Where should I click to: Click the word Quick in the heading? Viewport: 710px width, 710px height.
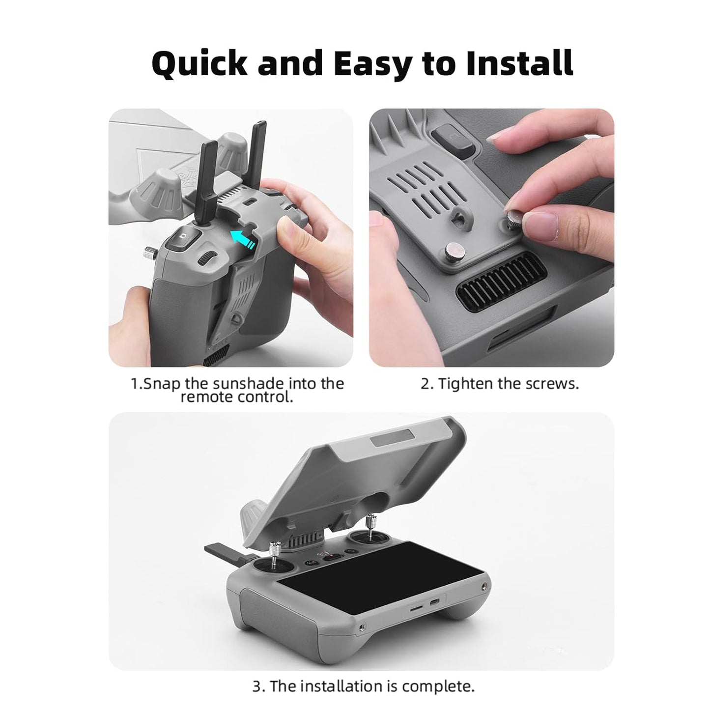click(199, 63)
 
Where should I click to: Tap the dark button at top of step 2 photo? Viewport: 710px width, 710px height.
click(451, 136)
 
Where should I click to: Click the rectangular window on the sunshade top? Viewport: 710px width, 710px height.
click(394, 438)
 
